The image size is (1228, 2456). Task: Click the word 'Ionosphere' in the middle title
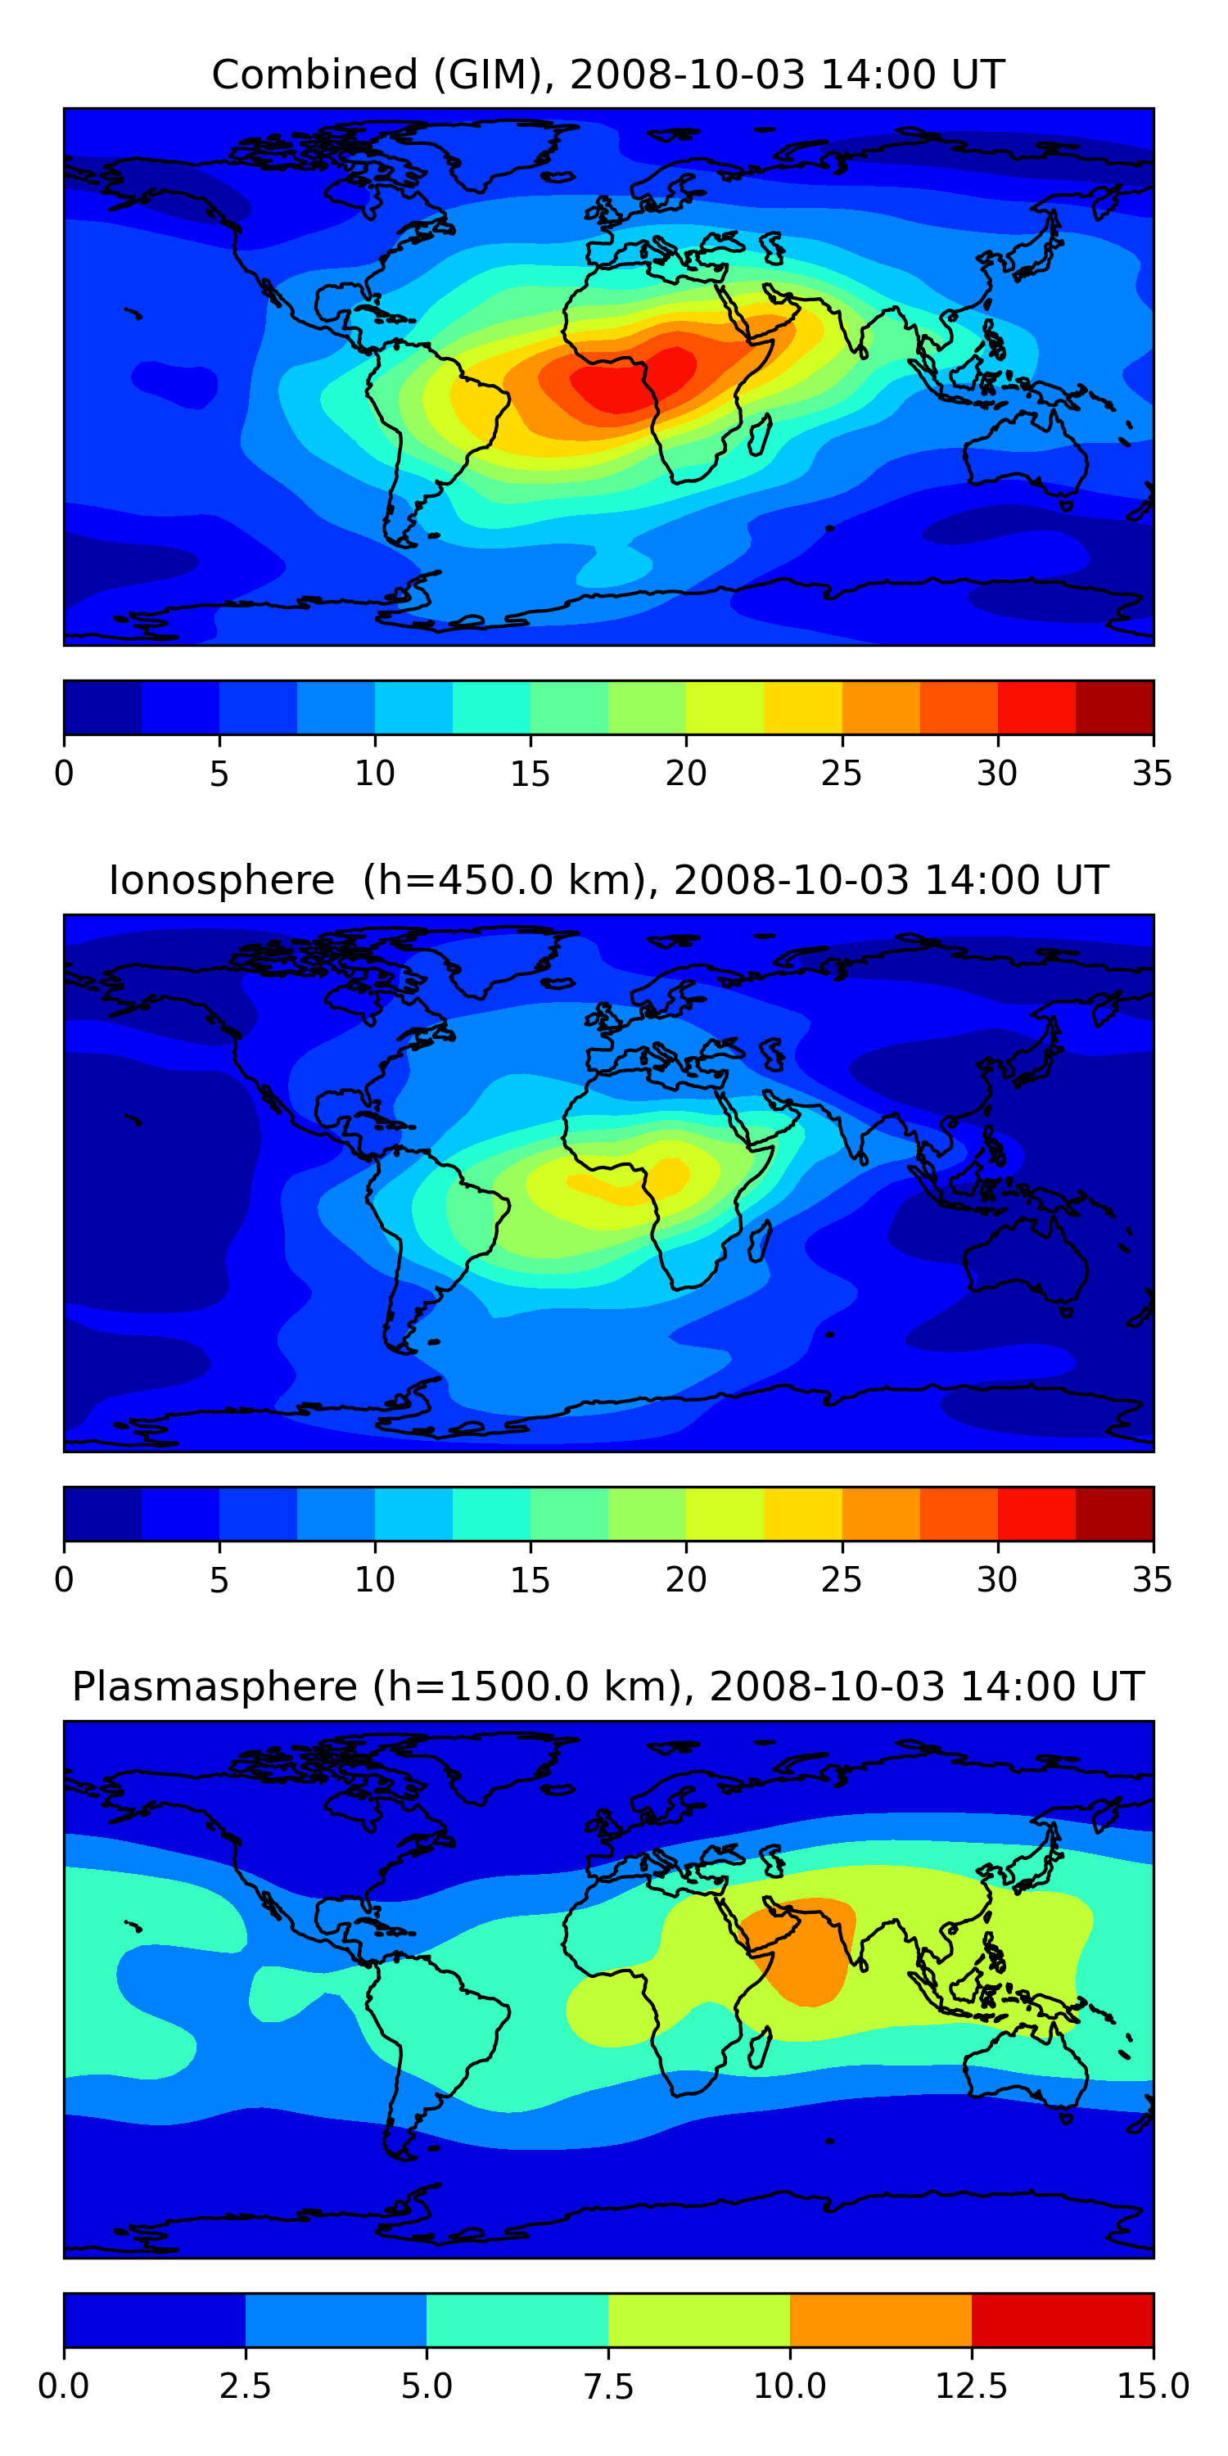221,880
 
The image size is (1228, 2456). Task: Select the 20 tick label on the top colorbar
685,773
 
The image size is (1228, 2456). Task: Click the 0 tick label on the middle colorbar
64,1580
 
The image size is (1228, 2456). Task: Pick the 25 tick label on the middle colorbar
841,1580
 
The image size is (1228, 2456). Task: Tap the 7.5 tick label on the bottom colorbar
608,2386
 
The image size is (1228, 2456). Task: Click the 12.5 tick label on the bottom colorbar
972,2386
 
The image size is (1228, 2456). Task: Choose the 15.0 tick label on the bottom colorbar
1153,2386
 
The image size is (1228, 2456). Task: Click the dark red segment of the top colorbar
1114,707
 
